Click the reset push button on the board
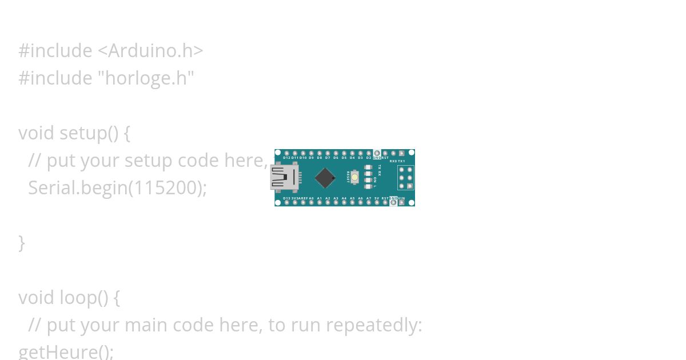point(354,177)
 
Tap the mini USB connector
point(284,177)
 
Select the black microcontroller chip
point(325,178)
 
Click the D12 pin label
point(286,158)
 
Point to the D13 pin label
point(286,198)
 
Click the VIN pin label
point(401,198)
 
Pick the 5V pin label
point(377,198)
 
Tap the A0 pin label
point(311,198)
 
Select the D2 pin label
point(369,158)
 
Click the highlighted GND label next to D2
point(377,158)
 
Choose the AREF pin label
point(303,198)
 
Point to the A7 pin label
point(369,198)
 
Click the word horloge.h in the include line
point(149,78)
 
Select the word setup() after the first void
point(89,133)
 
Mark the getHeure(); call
point(66,351)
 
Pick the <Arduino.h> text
point(150,50)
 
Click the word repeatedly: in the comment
point(374,325)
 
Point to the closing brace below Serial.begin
point(22,242)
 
